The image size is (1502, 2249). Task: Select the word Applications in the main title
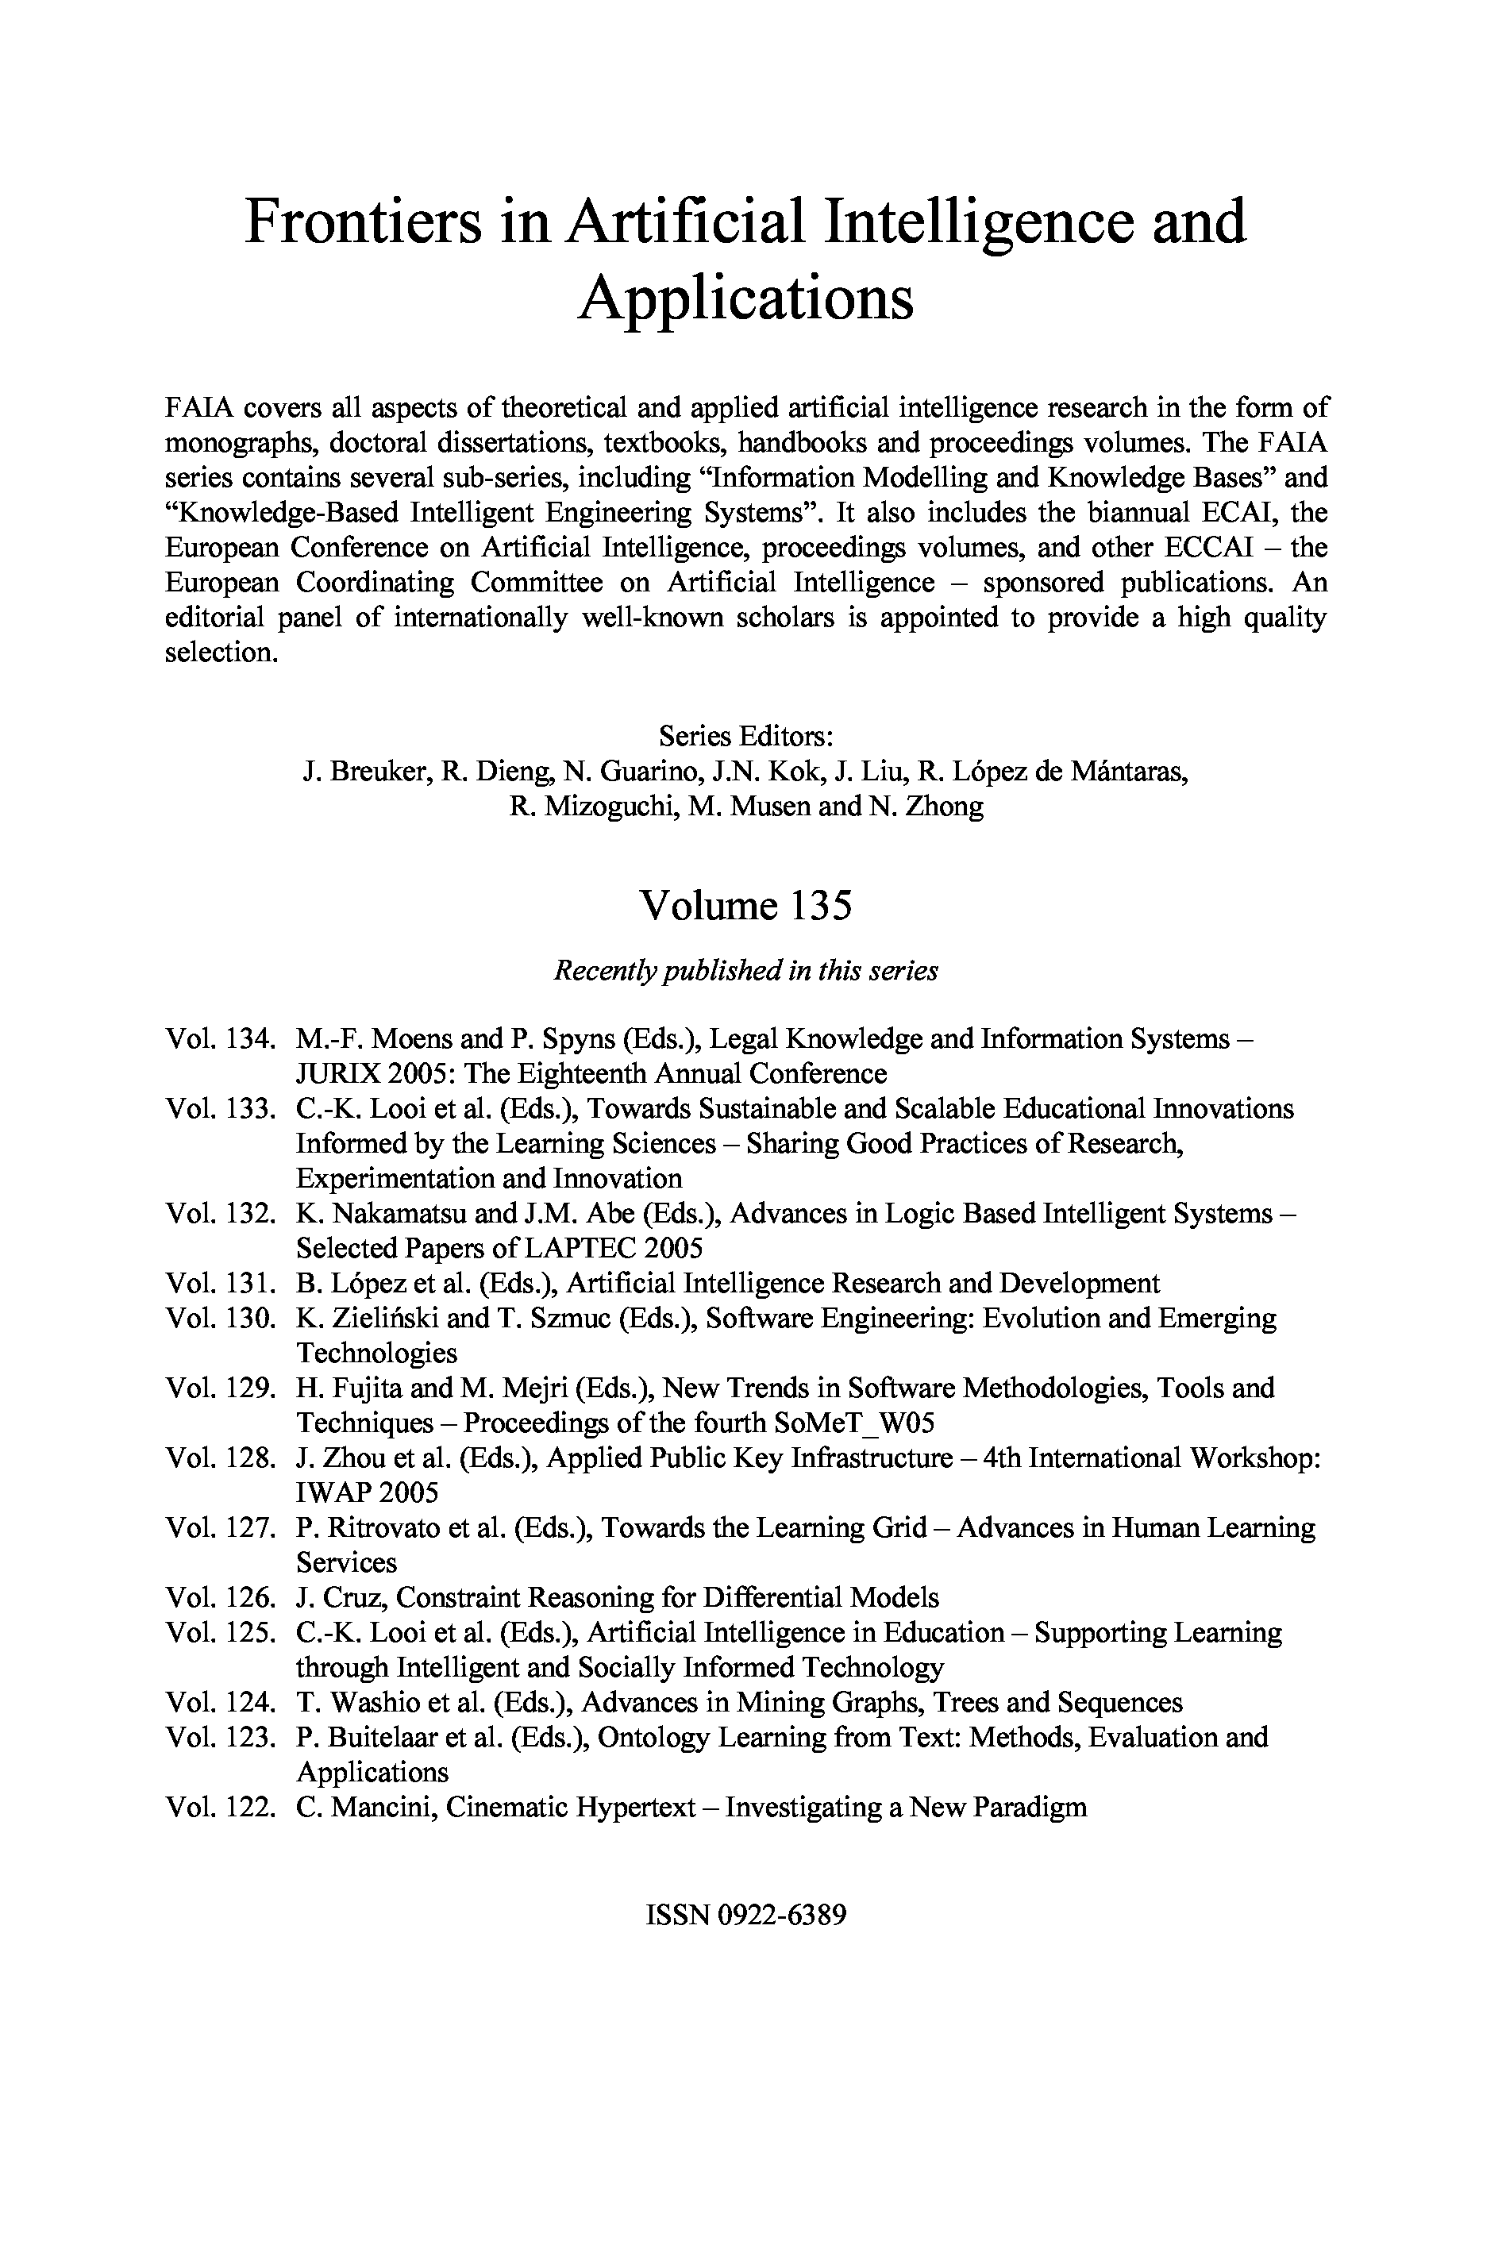pyautogui.click(x=745, y=297)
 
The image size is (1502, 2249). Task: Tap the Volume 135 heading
pyautogui.click(x=745, y=905)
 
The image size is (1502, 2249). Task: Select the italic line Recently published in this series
pyautogui.click(x=745, y=970)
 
